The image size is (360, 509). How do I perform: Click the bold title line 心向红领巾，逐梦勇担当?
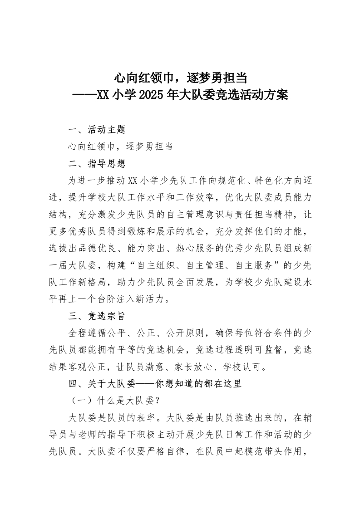(180, 78)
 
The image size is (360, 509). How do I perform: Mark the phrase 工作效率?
(192, 197)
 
